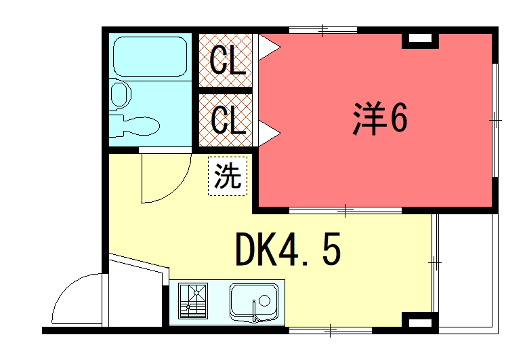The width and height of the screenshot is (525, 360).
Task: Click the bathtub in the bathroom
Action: [x=150, y=58]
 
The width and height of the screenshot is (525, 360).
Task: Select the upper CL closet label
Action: [x=227, y=62]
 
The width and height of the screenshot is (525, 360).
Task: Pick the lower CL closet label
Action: [x=227, y=120]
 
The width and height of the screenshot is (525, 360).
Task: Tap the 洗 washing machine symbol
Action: [x=228, y=177]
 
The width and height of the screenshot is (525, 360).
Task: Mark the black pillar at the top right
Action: [x=419, y=40]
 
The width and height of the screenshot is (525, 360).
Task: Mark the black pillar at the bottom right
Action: [x=419, y=322]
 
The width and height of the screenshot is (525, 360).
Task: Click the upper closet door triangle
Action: [x=267, y=45]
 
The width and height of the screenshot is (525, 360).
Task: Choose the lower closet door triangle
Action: [x=267, y=130]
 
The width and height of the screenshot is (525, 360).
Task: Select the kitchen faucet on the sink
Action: [x=257, y=315]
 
